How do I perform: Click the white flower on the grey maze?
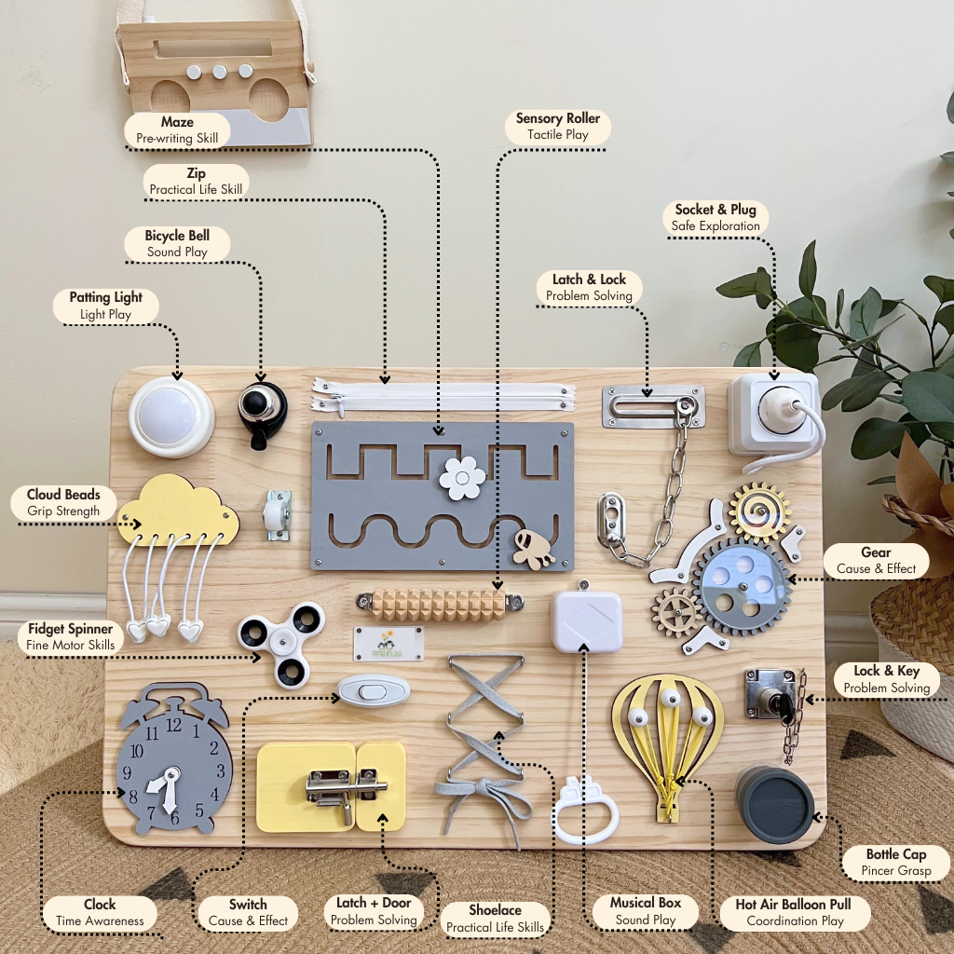(462, 478)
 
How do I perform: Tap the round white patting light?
(171, 416)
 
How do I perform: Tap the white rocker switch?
(374, 690)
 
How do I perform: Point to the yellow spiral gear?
(759, 511)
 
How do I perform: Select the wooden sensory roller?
(439, 604)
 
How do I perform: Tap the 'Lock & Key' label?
(886, 671)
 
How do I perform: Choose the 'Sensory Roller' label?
(558, 118)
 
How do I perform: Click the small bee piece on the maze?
(533, 550)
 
